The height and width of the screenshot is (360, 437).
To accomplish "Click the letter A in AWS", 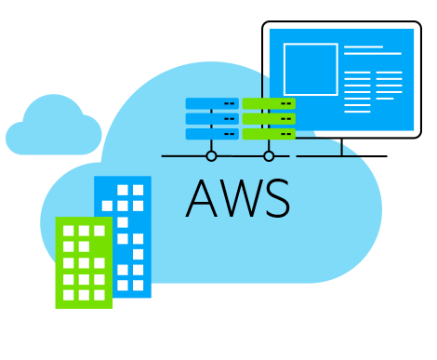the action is pos(203,198).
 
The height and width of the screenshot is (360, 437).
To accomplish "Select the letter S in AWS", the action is pos(276,198).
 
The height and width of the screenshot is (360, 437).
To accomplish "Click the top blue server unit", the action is pos(212,103).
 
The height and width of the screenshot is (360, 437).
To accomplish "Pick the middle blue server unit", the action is pos(212,118).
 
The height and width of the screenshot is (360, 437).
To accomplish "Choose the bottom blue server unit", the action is pos(212,133).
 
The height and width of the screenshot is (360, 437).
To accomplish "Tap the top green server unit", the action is pos(269,103).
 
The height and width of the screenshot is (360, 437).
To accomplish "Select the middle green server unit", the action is pos(269,118).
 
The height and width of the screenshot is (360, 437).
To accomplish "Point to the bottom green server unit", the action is pos(269,133).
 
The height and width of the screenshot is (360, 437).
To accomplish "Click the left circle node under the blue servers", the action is pos(211,156).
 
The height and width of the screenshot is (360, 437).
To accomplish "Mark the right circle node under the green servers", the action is pos(269,156).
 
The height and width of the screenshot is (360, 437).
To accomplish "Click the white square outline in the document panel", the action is pos(311,69).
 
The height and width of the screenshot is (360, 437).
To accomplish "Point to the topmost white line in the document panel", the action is pos(363,47).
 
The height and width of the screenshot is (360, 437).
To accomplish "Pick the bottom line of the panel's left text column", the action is pos(357,108).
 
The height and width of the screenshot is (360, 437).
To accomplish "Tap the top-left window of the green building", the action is pos(68,231).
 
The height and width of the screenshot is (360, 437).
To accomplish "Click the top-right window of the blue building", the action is pos(139,190).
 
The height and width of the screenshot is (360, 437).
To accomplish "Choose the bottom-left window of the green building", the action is pos(68,295).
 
